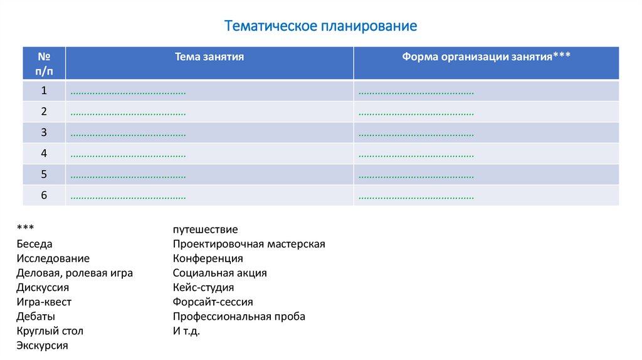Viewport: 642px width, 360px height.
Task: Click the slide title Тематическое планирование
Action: point(320,26)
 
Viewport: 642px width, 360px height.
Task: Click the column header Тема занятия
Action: point(209,56)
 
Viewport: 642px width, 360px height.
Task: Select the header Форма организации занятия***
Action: point(486,56)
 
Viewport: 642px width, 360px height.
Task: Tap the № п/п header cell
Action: point(44,63)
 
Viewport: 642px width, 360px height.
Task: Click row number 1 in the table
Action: point(44,90)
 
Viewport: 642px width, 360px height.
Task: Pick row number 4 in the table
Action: point(44,153)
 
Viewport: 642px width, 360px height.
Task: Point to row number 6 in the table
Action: point(44,195)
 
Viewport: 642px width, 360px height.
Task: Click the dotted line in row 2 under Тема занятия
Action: point(128,114)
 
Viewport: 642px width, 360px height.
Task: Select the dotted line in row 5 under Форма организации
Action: point(416,176)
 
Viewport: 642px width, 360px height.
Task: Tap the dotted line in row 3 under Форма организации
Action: point(416,134)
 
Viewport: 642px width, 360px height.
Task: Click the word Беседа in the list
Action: point(34,244)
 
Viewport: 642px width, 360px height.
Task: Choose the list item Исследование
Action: point(53,258)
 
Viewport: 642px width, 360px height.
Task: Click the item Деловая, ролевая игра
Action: point(75,273)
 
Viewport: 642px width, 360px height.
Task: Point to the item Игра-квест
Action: point(44,302)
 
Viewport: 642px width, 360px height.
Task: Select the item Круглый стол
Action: point(50,331)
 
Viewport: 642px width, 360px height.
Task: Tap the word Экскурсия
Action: point(43,345)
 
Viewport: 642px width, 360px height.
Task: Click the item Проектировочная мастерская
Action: point(249,244)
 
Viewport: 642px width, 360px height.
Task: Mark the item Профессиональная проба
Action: point(239,316)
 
